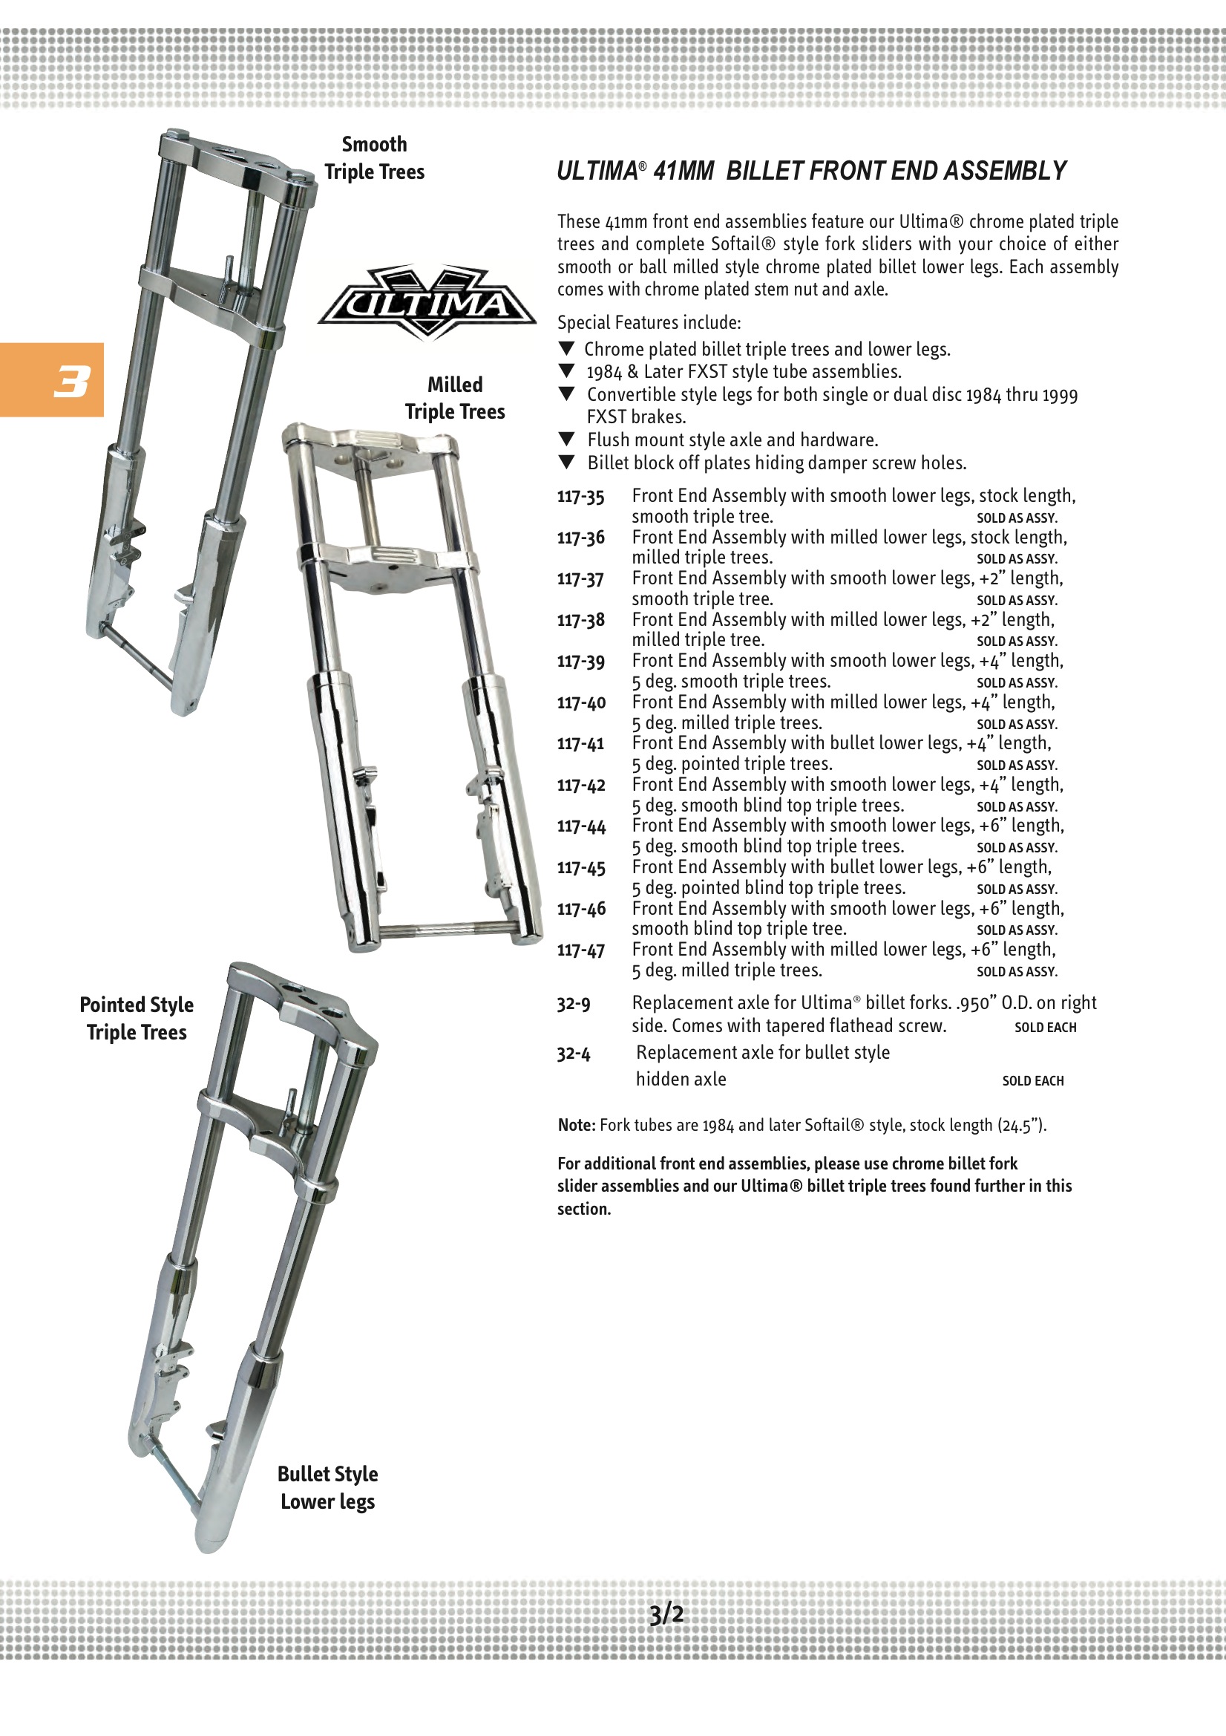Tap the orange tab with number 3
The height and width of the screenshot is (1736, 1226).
coord(51,379)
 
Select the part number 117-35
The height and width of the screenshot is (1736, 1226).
coord(580,497)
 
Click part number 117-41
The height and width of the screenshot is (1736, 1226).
coord(580,744)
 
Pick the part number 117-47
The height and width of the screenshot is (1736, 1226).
coord(580,950)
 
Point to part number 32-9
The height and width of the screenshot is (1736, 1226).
coord(574,1004)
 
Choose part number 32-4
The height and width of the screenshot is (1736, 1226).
coord(574,1053)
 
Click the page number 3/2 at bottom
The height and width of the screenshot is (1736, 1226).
coord(666,1614)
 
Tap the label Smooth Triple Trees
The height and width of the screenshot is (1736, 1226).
coord(374,158)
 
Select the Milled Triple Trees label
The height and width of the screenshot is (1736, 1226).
coord(455,398)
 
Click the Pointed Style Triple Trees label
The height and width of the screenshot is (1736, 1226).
coord(137,1019)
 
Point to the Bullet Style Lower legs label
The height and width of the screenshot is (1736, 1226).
coord(328,1487)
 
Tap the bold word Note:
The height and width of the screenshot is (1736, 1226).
coord(577,1125)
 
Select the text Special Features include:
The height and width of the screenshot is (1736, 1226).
coord(649,323)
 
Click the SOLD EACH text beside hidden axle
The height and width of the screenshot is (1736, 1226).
coord(1032,1081)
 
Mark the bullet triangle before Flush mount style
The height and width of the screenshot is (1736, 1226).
coord(567,440)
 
